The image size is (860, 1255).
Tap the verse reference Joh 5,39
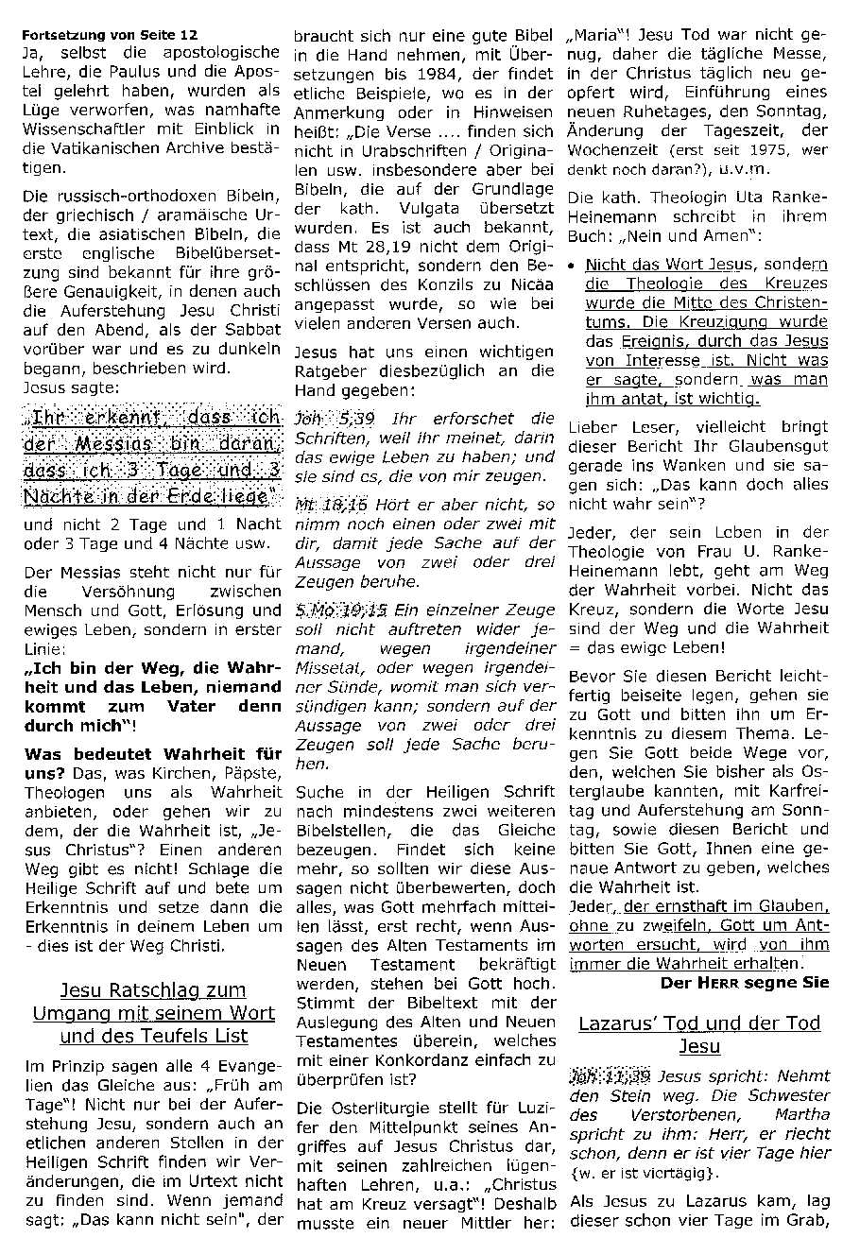(322, 418)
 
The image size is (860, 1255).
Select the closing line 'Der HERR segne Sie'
(744, 983)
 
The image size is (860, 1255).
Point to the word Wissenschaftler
(82, 129)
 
